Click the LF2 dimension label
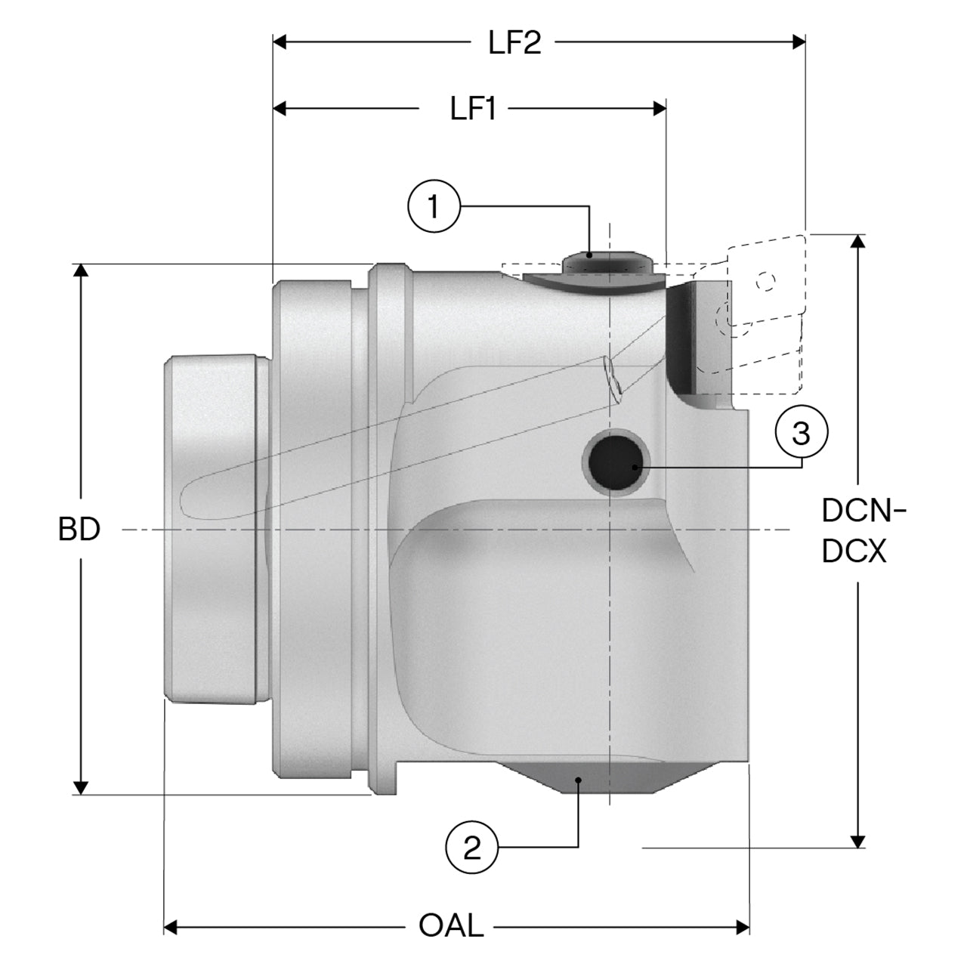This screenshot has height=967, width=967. pyautogui.click(x=515, y=42)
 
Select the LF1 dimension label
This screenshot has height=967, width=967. pyautogui.click(x=473, y=108)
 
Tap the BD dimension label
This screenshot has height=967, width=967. pyautogui.click(x=79, y=529)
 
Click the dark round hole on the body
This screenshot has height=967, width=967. pyautogui.click(x=616, y=462)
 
